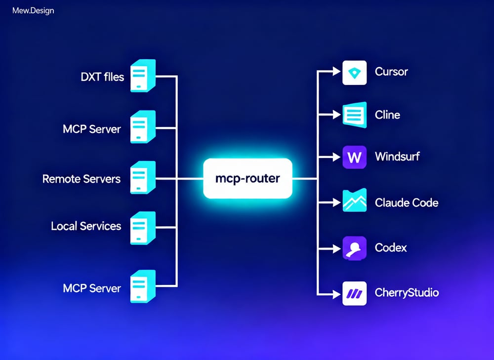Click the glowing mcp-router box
[x=247, y=178]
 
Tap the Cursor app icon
[x=354, y=73]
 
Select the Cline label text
[x=388, y=115]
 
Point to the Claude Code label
[x=407, y=203]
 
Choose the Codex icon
[x=354, y=248]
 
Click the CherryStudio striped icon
[x=354, y=293]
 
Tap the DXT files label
[x=102, y=77]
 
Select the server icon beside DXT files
[x=142, y=75]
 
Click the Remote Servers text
[x=82, y=179]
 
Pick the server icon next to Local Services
[x=142, y=227]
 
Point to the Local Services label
[x=86, y=226]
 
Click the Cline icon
[x=354, y=115]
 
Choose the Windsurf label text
[x=397, y=158]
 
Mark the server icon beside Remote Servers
[x=142, y=177]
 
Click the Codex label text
[x=391, y=247]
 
